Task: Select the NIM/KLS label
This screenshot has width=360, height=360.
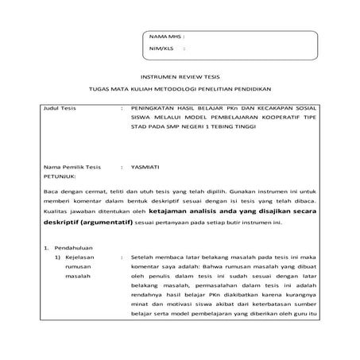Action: coord(160,48)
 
